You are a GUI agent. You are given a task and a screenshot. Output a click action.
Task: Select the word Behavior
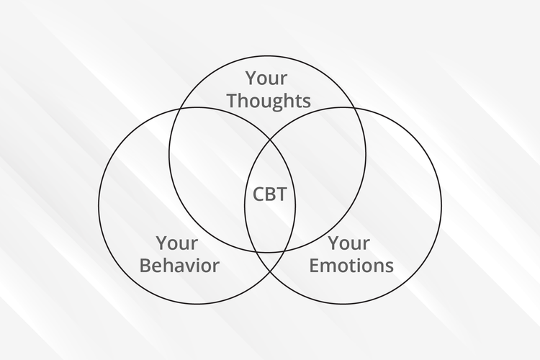pos(179,266)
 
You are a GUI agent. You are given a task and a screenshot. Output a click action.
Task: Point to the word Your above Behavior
pos(177,243)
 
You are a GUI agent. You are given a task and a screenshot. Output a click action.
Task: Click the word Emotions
pos(351,266)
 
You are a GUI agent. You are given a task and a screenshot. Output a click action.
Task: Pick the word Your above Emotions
pos(349,243)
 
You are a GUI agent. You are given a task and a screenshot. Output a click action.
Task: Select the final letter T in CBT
pos(287,194)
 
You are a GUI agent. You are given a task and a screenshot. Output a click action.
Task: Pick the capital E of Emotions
pos(315,266)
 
